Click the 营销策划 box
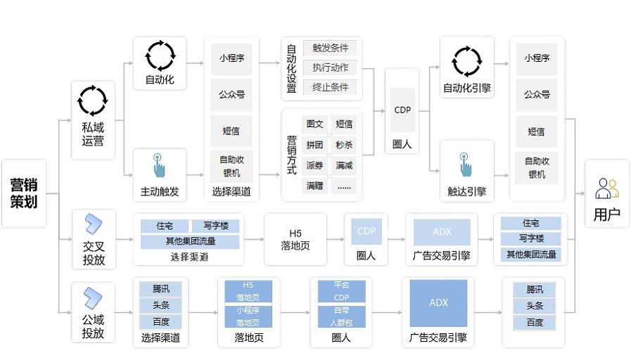click(24, 193)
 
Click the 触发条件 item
click(330, 49)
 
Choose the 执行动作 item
click(330, 68)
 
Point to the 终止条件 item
click(330, 88)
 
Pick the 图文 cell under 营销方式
click(314, 124)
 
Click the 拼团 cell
click(314, 145)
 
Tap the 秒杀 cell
click(344, 145)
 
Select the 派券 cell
click(314, 166)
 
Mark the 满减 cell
click(344, 166)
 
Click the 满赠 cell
click(314, 186)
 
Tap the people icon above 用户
click(606, 188)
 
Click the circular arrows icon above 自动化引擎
click(466, 61)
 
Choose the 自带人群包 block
click(341, 316)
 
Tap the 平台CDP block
click(341, 291)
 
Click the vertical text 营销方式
click(291, 155)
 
